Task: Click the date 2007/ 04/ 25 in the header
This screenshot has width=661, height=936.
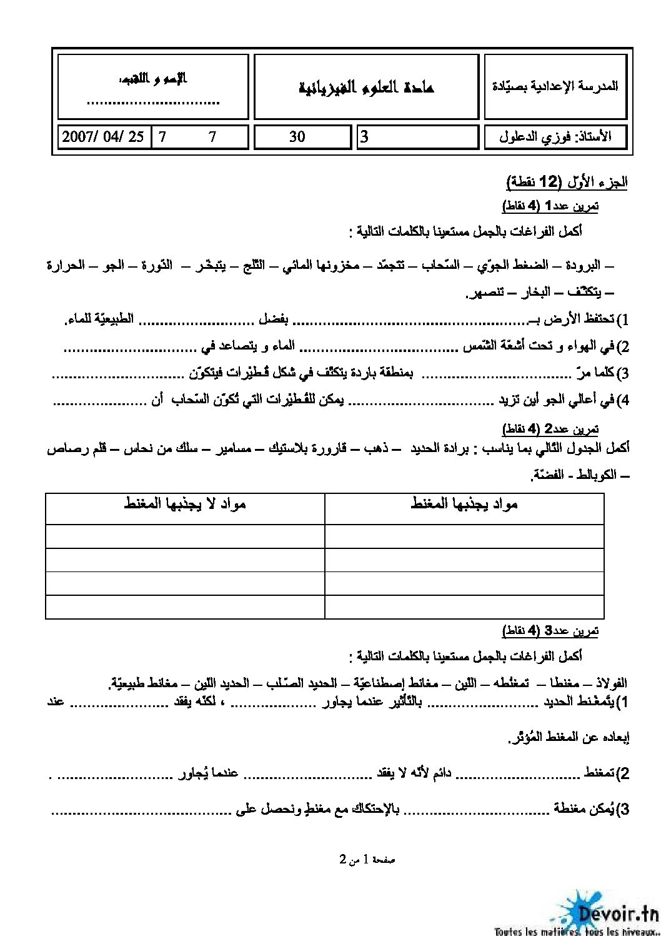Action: [102, 136]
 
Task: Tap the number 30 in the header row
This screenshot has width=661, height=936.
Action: [297, 136]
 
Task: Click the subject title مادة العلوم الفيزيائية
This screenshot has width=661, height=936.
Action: [366, 87]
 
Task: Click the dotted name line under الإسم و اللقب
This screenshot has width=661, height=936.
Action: [152, 103]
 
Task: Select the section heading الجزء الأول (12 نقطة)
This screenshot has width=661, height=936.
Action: [566, 182]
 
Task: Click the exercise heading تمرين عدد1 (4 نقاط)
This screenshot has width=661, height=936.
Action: [550, 206]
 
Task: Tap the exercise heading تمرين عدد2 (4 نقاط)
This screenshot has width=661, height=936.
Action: [550, 429]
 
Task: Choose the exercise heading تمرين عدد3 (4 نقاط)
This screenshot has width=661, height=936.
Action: [550, 631]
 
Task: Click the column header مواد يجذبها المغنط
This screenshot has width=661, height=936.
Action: [464, 503]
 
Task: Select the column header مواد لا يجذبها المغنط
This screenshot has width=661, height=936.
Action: [185, 503]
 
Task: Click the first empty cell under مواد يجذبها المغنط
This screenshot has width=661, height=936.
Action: [464, 536]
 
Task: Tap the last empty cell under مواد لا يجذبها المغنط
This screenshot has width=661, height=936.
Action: [185, 607]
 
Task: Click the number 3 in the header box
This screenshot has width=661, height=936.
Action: [365, 136]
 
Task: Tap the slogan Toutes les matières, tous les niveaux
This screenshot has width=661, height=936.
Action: [574, 930]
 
